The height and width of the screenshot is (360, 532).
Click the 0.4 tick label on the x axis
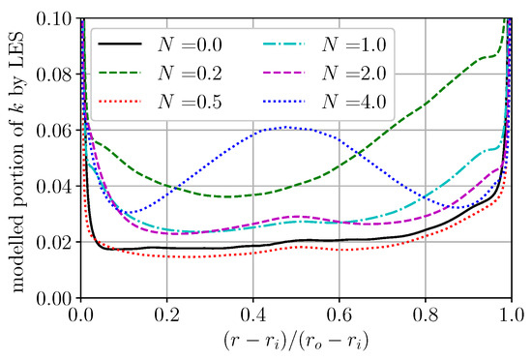253,315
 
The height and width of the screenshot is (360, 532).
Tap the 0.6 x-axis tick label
340,315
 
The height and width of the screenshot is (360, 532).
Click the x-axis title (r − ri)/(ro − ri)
296,341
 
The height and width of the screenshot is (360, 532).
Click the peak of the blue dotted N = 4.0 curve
286,127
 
